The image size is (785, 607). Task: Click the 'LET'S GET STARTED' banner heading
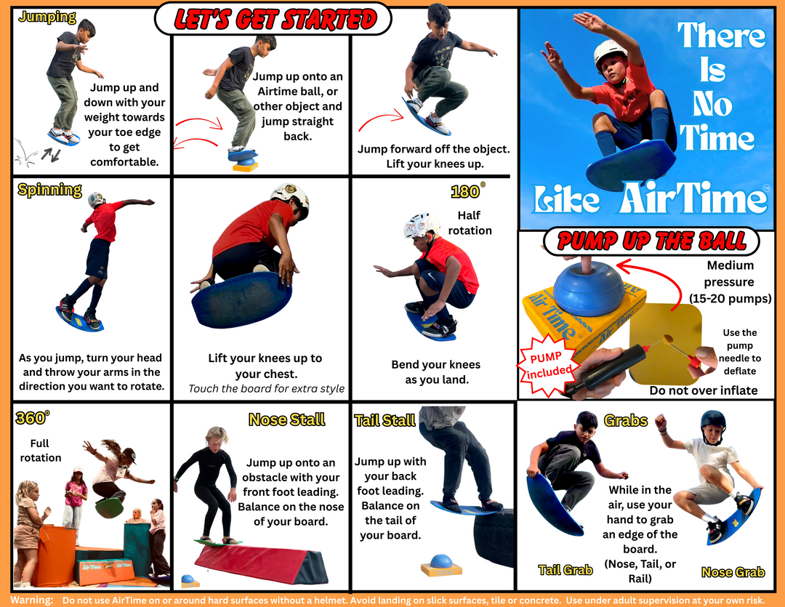tap(274, 19)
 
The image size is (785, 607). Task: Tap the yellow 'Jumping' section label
tap(47, 17)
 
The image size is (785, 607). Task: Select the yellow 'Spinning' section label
tap(49, 190)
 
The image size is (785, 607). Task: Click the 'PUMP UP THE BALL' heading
tap(651, 241)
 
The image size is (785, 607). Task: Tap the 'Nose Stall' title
tap(287, 419)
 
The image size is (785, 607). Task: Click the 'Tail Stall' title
tap(385, 420)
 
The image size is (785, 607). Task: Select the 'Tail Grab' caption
tap(565, 570)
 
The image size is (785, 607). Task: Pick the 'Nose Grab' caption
tap(733, 572)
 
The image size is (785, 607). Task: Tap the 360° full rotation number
tap(33, 418)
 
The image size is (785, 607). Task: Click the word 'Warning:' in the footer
tap(31, 600)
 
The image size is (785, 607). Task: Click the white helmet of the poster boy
tap(611, 52)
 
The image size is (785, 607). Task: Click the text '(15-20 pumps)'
tap(730, 299)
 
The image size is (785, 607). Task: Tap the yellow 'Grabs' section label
tap(626, 420)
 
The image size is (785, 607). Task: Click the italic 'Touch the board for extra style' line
tap(266, 389)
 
